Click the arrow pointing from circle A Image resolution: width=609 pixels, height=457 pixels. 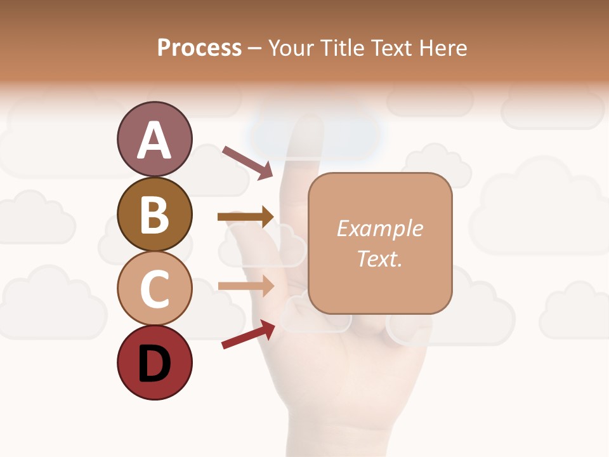pyautogui.click(x=247, y=162)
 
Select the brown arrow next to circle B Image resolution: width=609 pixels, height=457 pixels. pyautogui.click(x=246, y=217)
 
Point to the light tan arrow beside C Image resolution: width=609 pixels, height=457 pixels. pyautogui.click(x=246, y=286)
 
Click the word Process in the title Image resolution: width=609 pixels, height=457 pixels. pyautogui.click(x=199, y=48)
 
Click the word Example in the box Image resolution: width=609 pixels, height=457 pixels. pyautogui.click(x=379, y=228)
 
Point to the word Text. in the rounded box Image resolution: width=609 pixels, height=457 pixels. pyautogui.click(x=379, y=258)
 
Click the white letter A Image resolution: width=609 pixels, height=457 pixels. pyautogui.click(x=154, y=140)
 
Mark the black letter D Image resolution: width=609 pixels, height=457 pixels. pyautogui.click(x=154, y=364)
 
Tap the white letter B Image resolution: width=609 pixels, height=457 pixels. pyautogui.click(x=154, y=215)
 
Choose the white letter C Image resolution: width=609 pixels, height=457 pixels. pyautogui.click(x=154, y=289)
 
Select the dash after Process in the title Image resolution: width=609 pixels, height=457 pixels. pyautogui.click(x=254, y=48)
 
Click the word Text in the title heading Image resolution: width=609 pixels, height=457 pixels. pyautogui.click(x=391, y=48)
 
